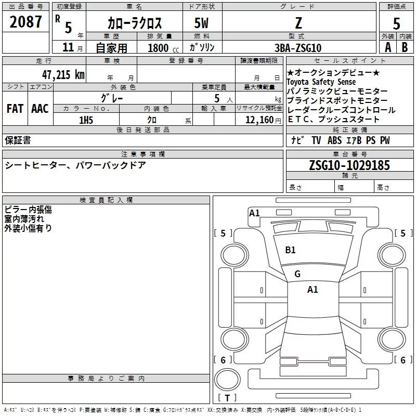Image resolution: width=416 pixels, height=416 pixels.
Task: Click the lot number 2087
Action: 26,22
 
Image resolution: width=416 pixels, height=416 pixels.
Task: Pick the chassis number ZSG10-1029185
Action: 349,165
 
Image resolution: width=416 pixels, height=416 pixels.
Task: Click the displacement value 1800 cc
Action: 161,48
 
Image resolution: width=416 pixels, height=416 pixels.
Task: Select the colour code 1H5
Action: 86,120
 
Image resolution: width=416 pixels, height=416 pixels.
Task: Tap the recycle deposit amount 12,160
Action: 257,120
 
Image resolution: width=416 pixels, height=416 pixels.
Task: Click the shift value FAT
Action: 15,109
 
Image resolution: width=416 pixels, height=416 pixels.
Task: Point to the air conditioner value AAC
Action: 40,109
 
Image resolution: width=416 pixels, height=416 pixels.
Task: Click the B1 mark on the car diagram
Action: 290,250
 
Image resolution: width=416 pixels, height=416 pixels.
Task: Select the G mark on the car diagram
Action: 297,274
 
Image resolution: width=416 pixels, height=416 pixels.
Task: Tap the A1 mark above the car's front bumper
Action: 254,213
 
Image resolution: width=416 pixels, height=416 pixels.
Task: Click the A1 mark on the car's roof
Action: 313,290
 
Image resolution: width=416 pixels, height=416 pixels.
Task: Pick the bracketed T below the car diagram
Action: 227,398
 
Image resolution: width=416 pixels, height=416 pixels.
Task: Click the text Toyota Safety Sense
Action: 321,82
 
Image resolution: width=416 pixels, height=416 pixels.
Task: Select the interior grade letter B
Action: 405,48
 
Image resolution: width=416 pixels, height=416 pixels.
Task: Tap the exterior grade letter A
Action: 387,48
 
